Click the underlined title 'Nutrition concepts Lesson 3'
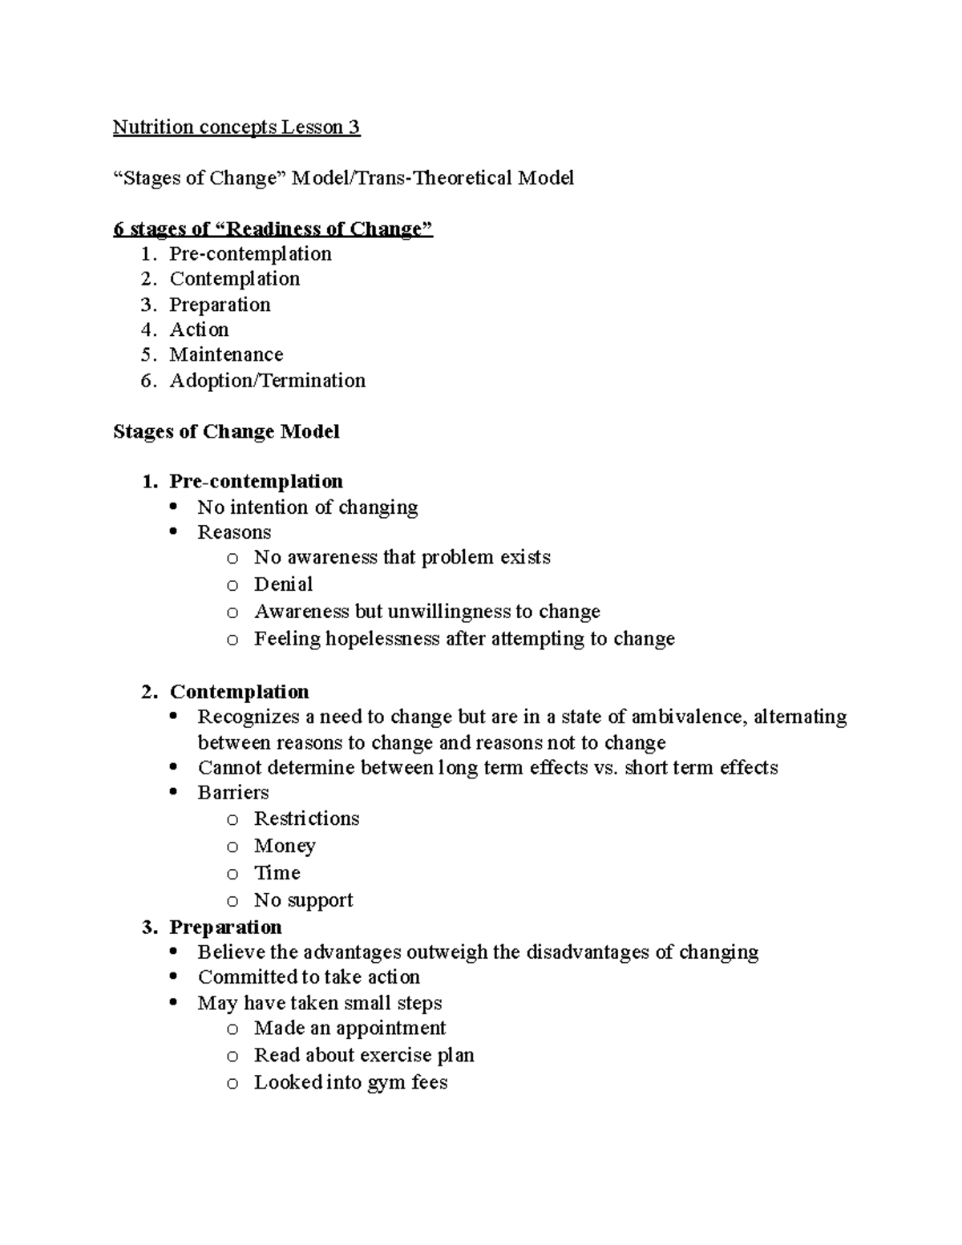click(236, 127)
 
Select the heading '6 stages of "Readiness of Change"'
click(273, 229)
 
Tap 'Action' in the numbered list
click(199, 329)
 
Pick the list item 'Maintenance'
click(226, 354)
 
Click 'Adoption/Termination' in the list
click(267, 380)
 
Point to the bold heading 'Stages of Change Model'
click(226, 431)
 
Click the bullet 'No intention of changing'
click(307, 507)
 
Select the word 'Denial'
click(283, 584)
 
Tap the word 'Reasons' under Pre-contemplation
click(234, 532)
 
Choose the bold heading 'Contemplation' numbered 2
click(239, 692)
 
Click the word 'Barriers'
click(233, 793)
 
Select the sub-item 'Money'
click(285, 846)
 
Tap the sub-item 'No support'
click(303, 900)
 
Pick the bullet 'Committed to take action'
click(309, 977)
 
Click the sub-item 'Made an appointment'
click(350, 1029)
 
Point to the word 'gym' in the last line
click(386, 1083)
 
